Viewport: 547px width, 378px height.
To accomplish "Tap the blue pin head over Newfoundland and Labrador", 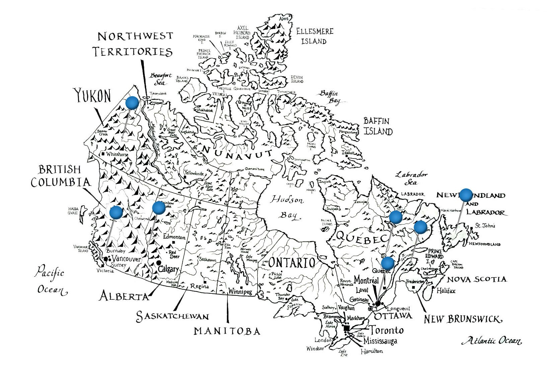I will click(x=466, y=195).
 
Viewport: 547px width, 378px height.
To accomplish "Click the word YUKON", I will click(x=92, y=96).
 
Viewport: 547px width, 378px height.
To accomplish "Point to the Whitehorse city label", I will click(x=117, y=154).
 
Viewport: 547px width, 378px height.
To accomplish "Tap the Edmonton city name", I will click(x=174, y=237).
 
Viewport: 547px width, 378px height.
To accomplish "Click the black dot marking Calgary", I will click(x=158, y=263).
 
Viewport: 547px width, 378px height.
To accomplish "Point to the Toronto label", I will click(x=386, y=331).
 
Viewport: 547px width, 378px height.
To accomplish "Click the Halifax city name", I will click(x=446, y=291).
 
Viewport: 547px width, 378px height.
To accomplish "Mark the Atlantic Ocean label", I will click(x=492, y=341).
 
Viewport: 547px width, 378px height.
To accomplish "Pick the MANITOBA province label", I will click(x=227, y=331).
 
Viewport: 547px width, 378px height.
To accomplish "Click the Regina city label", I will click(x=199, y=286).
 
